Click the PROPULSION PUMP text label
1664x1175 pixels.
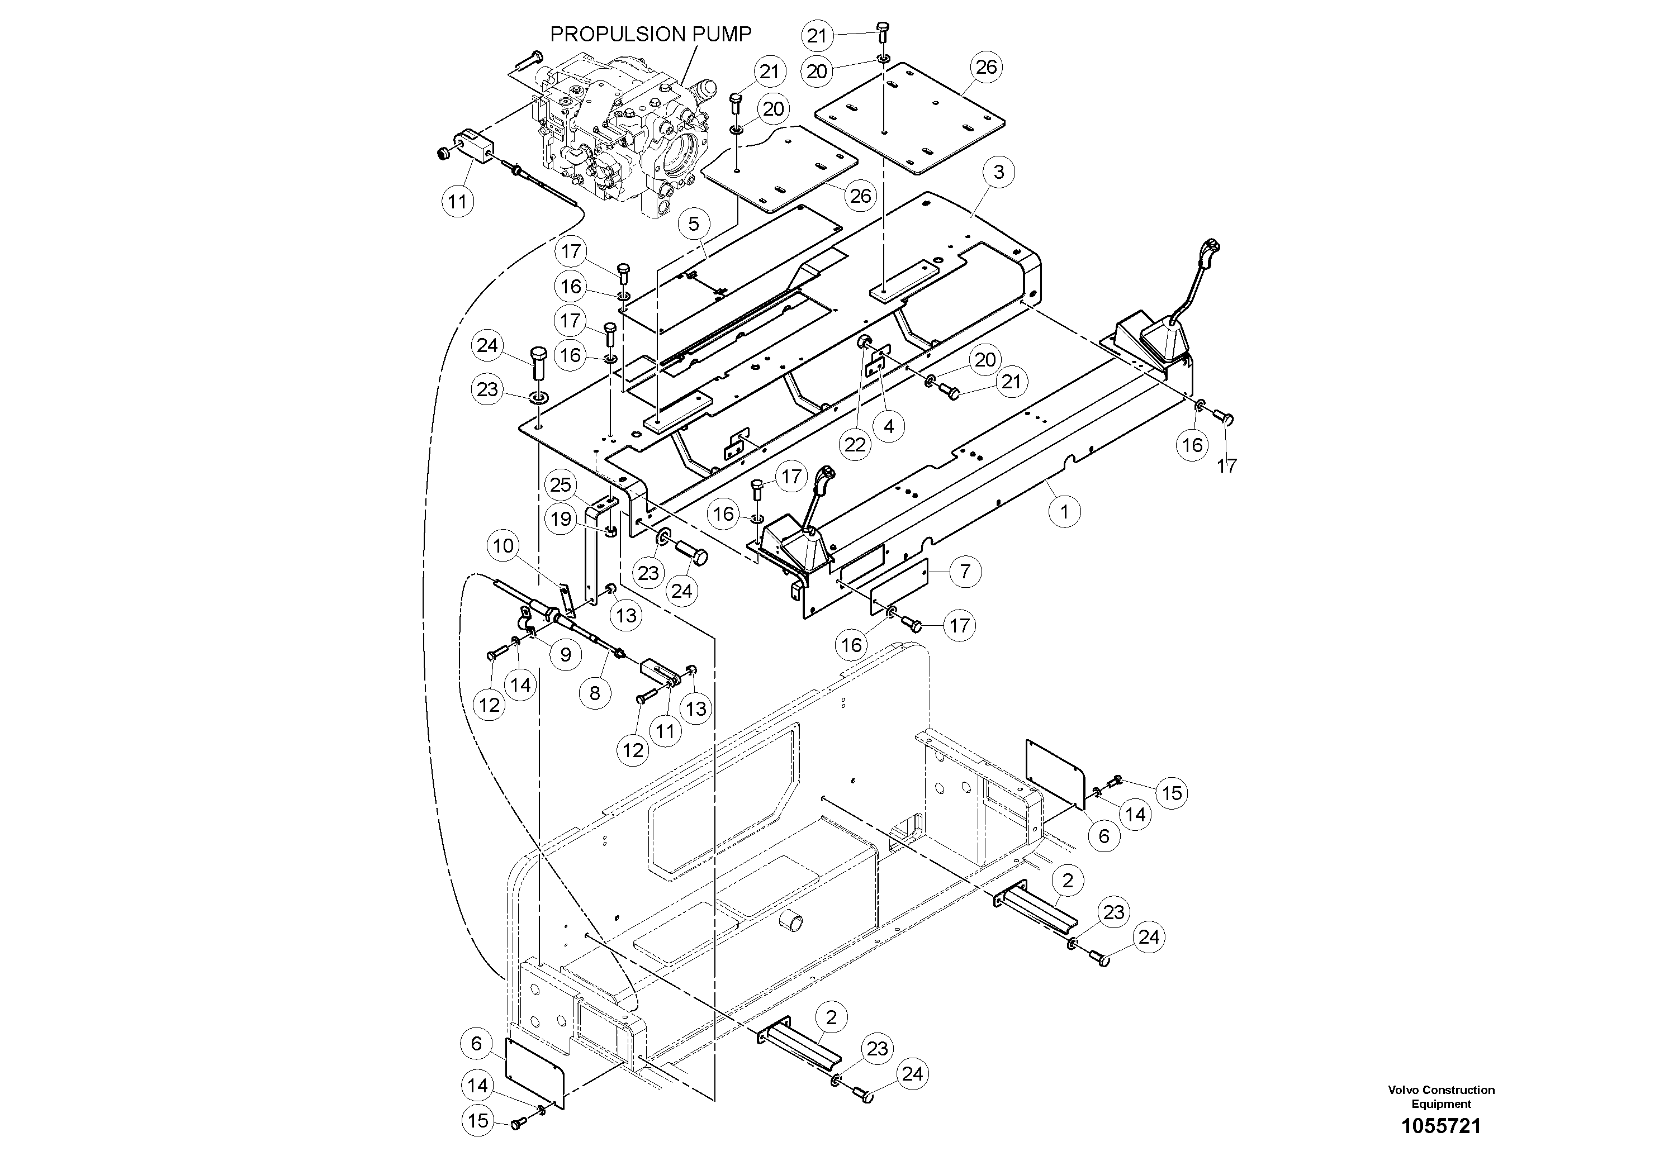[x=650, y=34]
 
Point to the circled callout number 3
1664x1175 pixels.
[x=999, y=173]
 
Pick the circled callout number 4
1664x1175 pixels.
[x=889, y=427]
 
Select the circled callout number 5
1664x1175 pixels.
[x=694, y=225]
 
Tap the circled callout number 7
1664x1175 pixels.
[x=965, y=572]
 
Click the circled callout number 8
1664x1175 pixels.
[x=595, y=693]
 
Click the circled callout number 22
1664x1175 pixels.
[x=855, y=444]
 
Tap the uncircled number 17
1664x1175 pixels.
[x=1227, y=466]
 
